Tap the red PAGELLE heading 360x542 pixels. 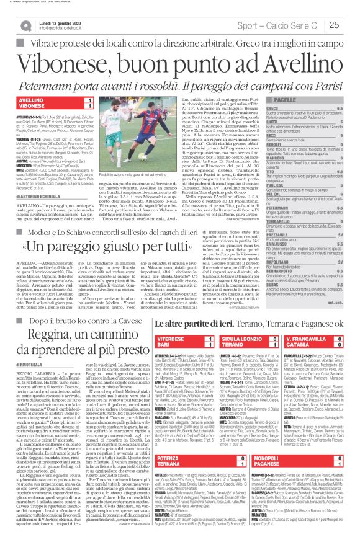click(x=285, y=99)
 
